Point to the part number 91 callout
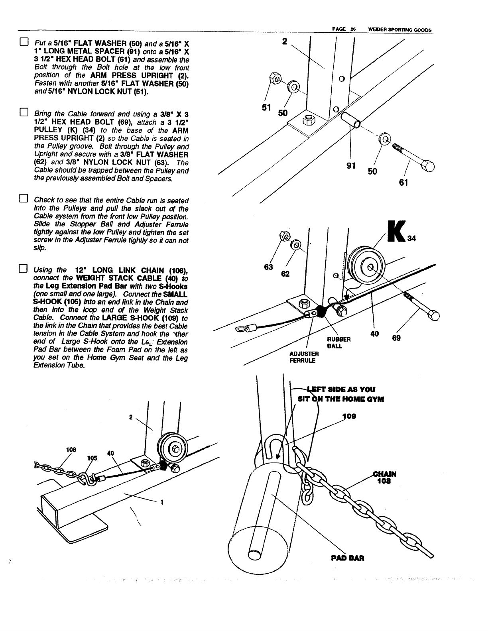(x=351, y=165)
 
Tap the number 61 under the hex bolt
(x=403, y=183)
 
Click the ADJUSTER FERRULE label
(x=304, y=357)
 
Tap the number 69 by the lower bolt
(x=396, y=338)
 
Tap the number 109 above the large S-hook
(x=349, y=416)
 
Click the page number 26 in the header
(x=353, y=29)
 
